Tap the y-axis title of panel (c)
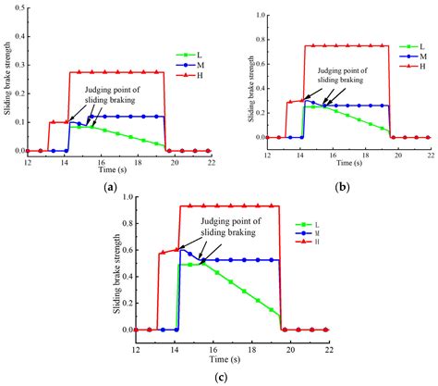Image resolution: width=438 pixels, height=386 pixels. click(x=118, y=265)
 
